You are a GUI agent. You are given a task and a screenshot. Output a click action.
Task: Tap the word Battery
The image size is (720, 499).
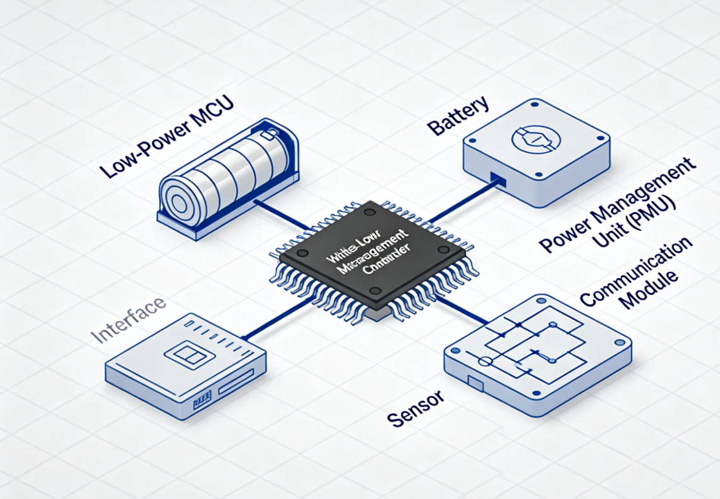point(458,115)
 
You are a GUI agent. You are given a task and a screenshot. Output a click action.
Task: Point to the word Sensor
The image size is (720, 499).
point(415,409)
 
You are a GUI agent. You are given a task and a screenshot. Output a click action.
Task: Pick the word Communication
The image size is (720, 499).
point(635,271)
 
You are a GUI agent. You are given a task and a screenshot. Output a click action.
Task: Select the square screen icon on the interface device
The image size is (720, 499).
point(185,353)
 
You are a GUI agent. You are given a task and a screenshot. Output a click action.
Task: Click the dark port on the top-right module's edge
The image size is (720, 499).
point(498,180)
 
